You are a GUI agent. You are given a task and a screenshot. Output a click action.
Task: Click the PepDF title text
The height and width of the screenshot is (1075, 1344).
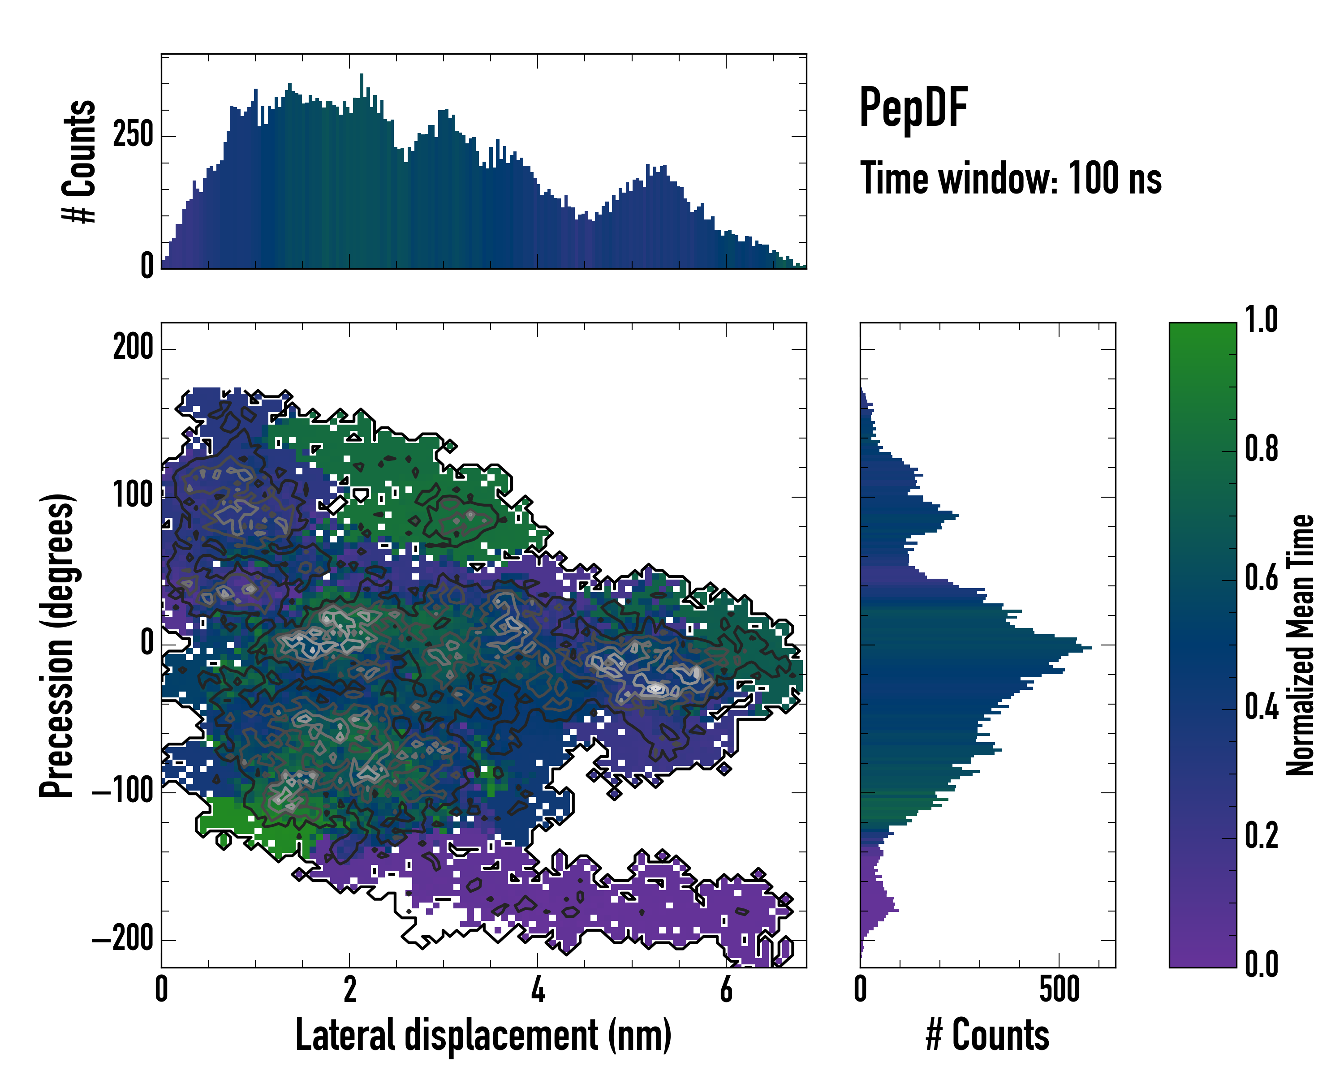[913, 108]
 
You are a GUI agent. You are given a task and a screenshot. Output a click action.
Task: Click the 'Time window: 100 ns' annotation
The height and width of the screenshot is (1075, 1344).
[1011, 179]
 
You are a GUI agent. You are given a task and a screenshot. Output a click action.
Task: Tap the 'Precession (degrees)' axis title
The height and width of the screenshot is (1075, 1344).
[57, 645]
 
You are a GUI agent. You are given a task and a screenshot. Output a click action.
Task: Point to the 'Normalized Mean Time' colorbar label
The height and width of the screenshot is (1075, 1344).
[1301, 645]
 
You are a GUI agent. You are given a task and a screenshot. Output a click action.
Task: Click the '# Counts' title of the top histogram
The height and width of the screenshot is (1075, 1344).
[80, 161]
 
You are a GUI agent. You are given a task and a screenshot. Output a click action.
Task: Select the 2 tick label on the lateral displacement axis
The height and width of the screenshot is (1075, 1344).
[350, 989]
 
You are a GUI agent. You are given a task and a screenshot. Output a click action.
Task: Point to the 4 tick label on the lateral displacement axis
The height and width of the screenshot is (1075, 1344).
[538, 989]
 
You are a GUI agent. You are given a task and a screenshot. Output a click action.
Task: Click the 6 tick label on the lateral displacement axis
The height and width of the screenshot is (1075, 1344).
[726, 989]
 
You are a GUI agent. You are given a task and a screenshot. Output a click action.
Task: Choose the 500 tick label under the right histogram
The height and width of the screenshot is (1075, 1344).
[1059, 989]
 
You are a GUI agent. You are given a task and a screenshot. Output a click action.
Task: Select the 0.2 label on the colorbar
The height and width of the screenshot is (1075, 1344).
[1261, 836]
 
